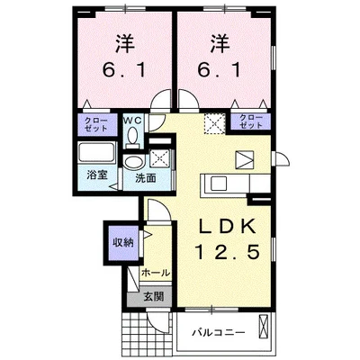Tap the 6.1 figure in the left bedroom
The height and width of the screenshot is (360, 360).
pos(122,70)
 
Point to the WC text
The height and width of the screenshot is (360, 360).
pos(131,118)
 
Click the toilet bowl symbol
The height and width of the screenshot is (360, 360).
pos(132,134)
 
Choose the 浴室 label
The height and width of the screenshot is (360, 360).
pos(98,176)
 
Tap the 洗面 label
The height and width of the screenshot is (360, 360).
pos(147,178)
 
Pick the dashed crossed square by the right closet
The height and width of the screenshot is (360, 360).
pos(214,124)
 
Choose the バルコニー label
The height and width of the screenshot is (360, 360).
pos(217,333)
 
